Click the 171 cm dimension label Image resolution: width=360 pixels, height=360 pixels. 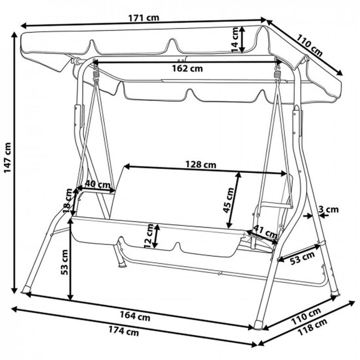point(144,18)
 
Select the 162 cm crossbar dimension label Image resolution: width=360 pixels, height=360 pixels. point(187,69)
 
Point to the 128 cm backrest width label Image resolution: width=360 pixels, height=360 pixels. point(201,165)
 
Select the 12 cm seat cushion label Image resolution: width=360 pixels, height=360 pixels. point(149,236)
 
